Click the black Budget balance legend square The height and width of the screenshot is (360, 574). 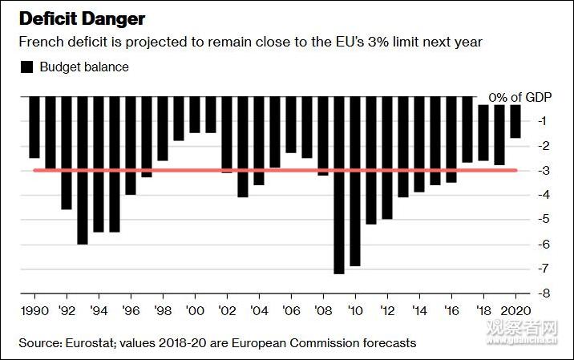click(x=26, y=67)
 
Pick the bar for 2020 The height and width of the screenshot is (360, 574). click(x=515, y=121)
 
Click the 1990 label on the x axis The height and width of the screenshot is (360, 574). click(x=33, y=308)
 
